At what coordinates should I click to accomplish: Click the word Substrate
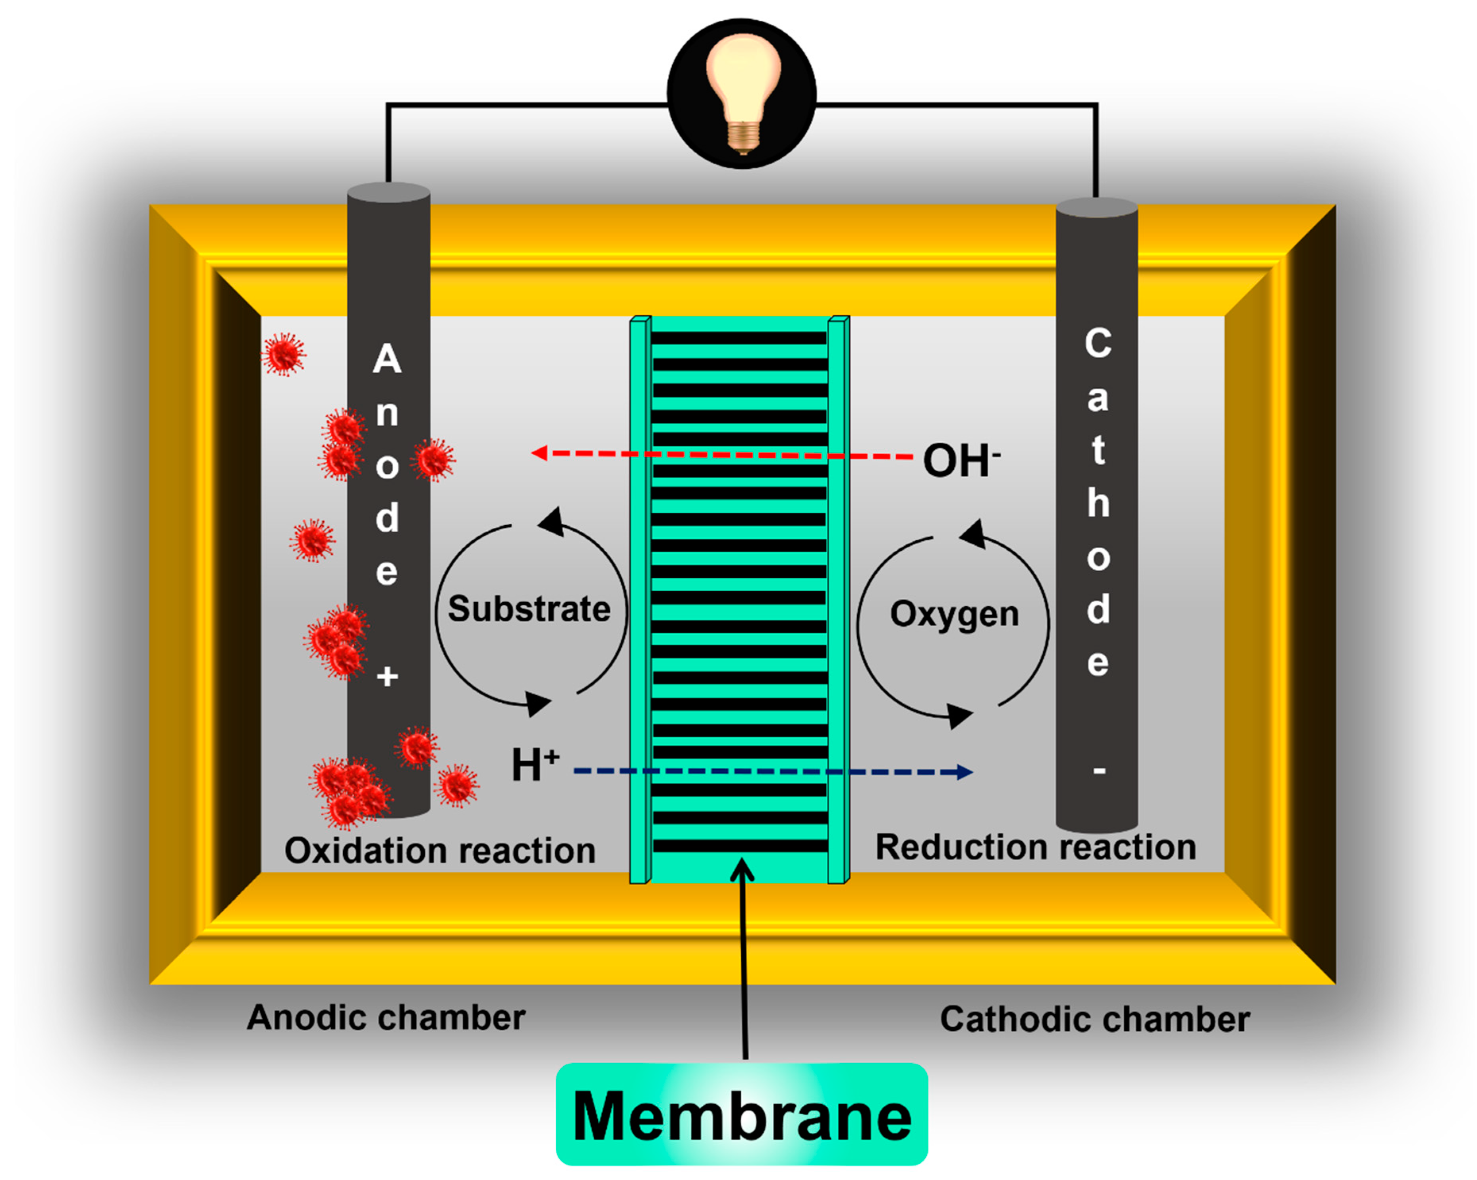pyautogui.click(x=529, y=609)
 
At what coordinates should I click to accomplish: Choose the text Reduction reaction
pyautogui.click(x=1036, y=847)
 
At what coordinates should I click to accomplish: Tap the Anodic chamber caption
pyautogui.click(x=386, y=1018)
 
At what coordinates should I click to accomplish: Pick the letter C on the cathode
pyautogui.click(x=1098, y=342)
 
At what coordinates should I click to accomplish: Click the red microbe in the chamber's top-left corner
pyautogui.click(x=283, y=355)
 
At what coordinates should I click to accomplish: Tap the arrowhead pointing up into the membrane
pyautogui.click(x=742, y=870)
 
